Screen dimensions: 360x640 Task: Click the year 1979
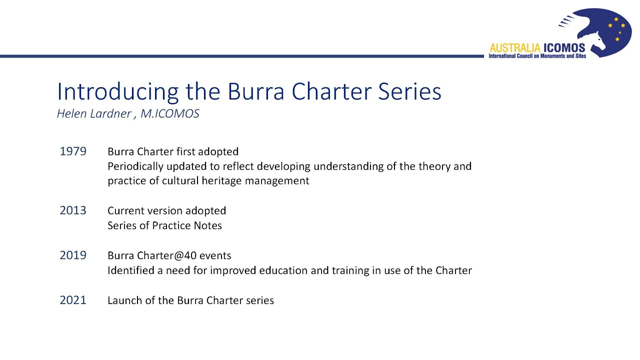click(x=73, y=151)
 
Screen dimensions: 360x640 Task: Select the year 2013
click(x=73, y=210)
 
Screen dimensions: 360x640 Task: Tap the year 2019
click(x=73, y=255)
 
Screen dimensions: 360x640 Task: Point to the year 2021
click(x=73, y=300)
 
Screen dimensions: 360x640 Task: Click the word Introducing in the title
click(x=117, y=92)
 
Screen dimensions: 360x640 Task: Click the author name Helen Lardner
click(x=93, y=114)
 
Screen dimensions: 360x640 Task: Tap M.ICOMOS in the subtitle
click(x=169, y=114)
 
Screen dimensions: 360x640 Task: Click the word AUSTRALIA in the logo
click(x=515, y=48)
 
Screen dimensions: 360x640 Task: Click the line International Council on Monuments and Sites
click(x=537, y=56)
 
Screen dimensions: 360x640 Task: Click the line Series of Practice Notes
click(x=164, y=225)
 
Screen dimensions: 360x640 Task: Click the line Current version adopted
click(x=166, y=210)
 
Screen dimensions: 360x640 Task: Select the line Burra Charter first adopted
click(x=173, y=151)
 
